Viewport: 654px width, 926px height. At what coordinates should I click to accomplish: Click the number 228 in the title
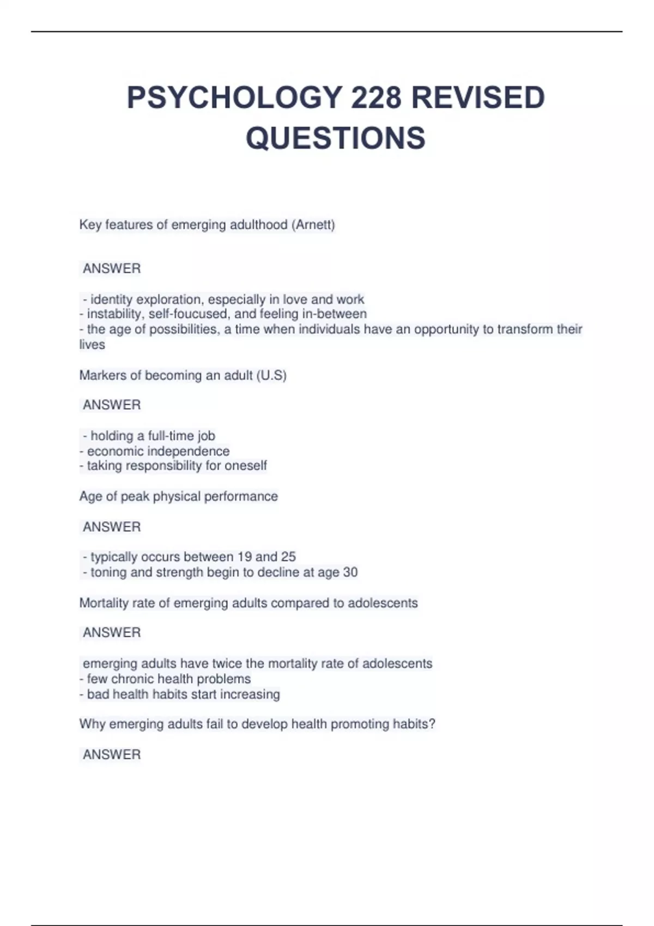tap(376, 98)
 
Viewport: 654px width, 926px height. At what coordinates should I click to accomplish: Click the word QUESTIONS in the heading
tap(335, 138)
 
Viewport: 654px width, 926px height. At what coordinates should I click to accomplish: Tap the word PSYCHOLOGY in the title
tap(234, 98)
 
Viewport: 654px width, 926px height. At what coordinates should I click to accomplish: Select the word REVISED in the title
tap(478, 98)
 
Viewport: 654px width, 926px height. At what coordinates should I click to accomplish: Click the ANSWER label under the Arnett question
tap(112, 269)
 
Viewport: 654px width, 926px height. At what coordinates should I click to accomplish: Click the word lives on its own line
tap(92, 344)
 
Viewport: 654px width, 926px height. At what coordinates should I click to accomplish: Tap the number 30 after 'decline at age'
tap(350, 572)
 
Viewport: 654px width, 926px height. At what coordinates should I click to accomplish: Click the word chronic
tap(132, 679)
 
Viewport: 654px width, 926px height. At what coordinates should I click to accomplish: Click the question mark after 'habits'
tap(432, 724)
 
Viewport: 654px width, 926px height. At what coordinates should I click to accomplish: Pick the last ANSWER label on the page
tap(112, 754)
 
